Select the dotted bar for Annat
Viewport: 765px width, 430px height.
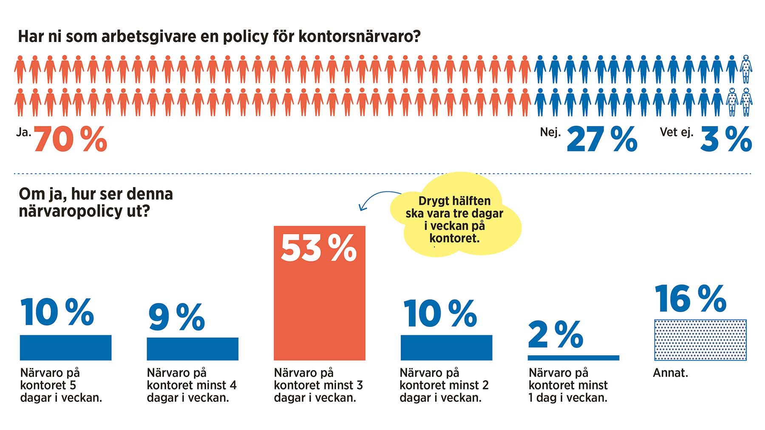(x=700, y=340)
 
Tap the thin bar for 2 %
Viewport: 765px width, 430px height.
(x=573, y=358)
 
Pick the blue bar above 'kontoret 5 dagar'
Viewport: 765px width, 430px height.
(x=65, y=348)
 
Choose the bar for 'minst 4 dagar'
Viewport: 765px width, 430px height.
(x=193, y=349)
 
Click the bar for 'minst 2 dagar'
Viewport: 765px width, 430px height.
(x=446, y=348)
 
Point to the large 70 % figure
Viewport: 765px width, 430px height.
(x=71, y=139)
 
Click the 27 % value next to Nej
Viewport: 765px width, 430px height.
(x=602, y=139)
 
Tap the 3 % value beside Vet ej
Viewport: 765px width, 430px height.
(x=726, y=139)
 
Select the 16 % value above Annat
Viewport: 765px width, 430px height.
(x=690, y=299)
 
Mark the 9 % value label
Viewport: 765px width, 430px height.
(x=176, y=317)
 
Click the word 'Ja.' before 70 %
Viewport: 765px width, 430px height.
(x=24, y=132)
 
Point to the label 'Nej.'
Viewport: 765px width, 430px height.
(x=550, y=132)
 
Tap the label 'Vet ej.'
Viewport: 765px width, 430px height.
(x=676, y=132)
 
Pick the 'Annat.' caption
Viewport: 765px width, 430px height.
(x=670, y=373)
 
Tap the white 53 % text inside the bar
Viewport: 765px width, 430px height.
(x=319, y=248)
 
